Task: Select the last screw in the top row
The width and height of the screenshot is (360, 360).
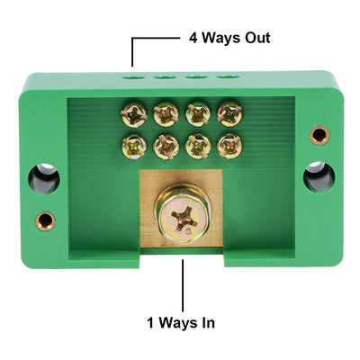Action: point(229,113)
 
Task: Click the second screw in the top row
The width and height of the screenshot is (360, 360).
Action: point(166,114)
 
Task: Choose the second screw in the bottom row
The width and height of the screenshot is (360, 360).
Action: point(166,144)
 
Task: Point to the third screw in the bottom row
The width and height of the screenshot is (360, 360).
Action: point(198,144)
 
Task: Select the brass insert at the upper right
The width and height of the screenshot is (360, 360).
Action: point(319,135)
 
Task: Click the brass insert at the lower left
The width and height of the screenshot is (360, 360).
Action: point(44,219)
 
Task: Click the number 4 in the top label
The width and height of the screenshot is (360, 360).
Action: point(193,39)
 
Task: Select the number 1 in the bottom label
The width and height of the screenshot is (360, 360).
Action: point(150,320)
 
